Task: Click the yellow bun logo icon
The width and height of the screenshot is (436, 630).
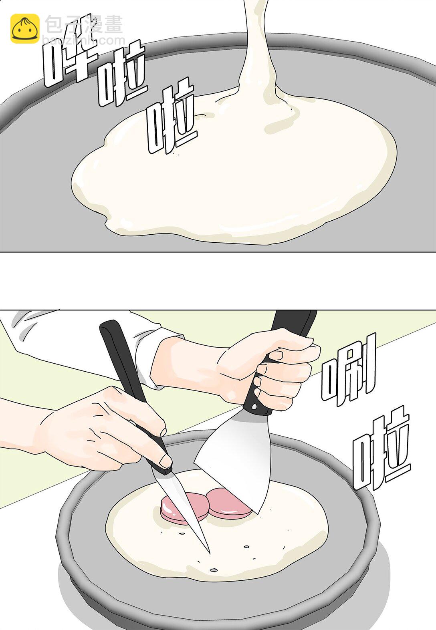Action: (x=25, y=29)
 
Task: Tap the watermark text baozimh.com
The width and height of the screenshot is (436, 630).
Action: (x=84, y=40)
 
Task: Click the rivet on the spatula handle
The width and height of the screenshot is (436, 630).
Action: (x=254, y=407)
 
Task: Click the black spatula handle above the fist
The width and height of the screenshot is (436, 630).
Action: (x=293, y=324)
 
